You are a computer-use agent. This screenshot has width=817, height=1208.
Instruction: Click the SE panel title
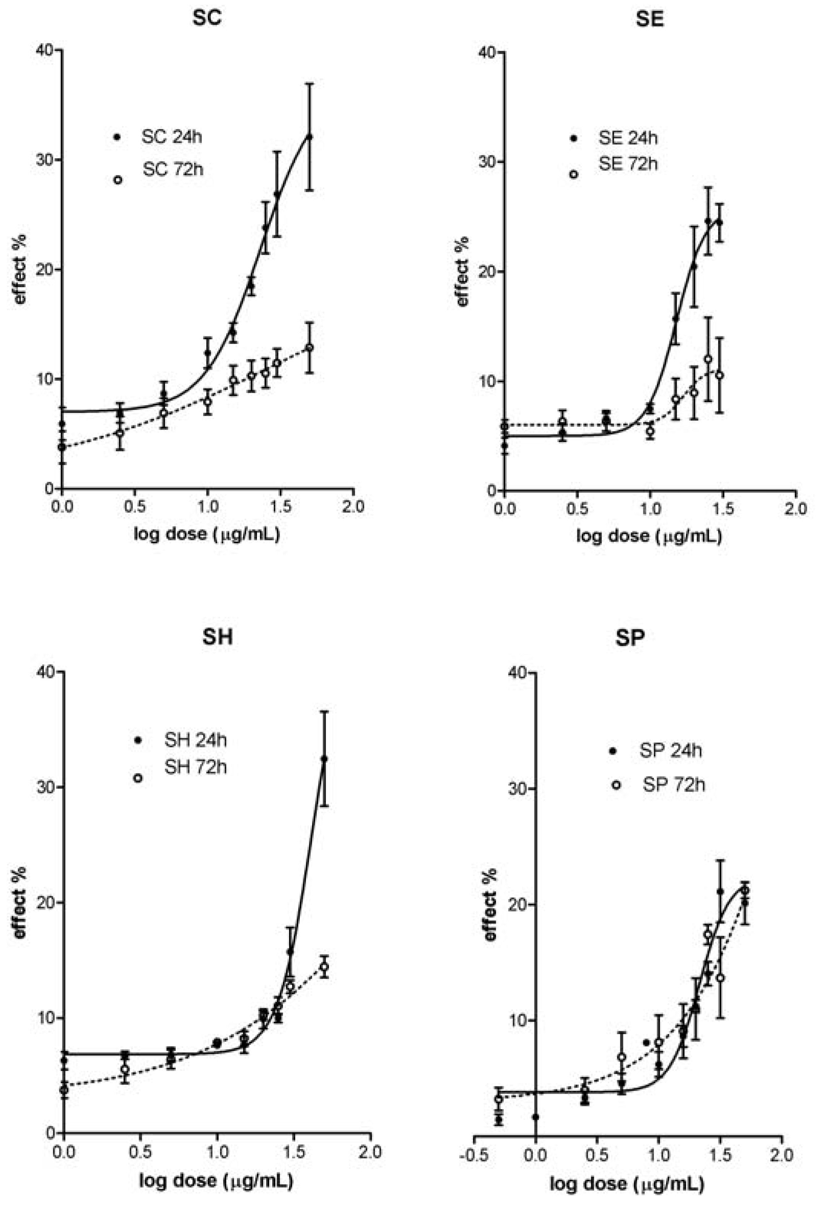pyautogui.click(x=649, y=19)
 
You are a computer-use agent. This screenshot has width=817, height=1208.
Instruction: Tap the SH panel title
pyautogui.click(x=217, y=637)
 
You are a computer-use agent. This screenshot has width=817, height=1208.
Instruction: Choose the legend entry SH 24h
pyautogui.click(x=195, y=740)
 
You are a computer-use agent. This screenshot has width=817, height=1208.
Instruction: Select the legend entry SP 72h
pyautogui.click(x=673, y=784)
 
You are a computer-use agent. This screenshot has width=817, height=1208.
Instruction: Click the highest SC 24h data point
pyautogui.click(x=309, y=137)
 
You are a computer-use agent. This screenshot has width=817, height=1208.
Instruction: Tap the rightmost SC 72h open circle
pyautogui.click(x=309, y=347)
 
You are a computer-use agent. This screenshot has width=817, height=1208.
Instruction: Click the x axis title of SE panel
pyautogui.click(x=649, y=535)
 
